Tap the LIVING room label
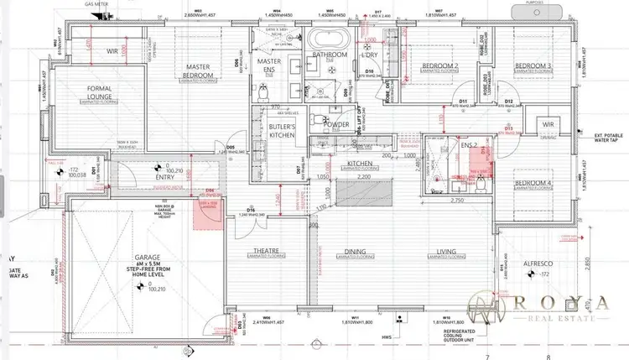pos(447,251)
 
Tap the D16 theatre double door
pos(252,210)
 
